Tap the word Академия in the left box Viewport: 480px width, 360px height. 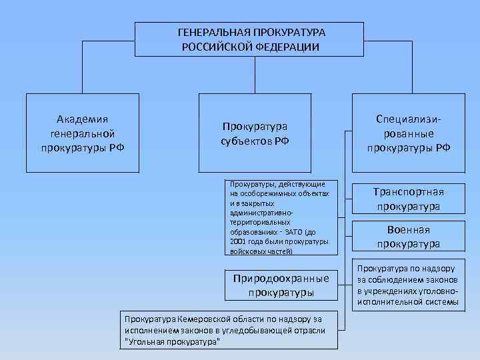click(x=83, y=119)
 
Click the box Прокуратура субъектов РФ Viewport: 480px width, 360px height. click(x=255, y=133)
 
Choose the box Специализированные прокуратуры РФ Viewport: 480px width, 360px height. click(x=408, y=133)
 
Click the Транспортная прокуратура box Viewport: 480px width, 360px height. click(x=408, y=199)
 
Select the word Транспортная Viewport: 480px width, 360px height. click(x=408, y=192)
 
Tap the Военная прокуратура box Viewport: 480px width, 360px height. click(x=408, y=237)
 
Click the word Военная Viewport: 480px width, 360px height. click(x=408, y=229)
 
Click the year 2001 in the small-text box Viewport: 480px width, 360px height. click(x=238, y=241)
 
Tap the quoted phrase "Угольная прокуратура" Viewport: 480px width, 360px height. click(x=172, y=341)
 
